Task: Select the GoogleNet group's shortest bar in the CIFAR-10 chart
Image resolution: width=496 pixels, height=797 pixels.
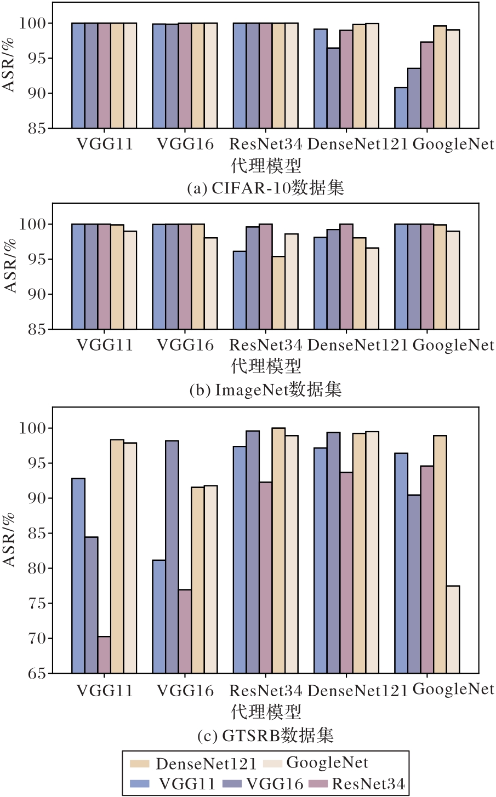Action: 401,108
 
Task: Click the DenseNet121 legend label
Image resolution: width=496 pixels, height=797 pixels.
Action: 206,764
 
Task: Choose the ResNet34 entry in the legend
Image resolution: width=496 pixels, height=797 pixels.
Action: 368,784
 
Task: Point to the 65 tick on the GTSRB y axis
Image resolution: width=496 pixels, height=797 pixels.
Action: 39,673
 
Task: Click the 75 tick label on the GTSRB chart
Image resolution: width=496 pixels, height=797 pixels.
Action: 39,603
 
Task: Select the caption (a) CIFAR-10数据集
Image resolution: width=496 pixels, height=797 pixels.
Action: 266,188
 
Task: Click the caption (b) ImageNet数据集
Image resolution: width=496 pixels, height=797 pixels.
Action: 266,389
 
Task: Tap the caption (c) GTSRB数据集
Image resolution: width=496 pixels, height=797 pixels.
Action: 266,735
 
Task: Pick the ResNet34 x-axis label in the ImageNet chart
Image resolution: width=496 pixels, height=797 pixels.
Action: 266,345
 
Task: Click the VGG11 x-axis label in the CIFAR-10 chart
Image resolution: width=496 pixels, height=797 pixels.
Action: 104,144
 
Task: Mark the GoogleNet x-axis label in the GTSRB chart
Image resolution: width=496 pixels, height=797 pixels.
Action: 453,689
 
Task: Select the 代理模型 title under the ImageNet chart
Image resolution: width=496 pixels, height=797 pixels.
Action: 266,365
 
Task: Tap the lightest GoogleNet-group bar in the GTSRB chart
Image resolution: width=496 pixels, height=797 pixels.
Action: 453,629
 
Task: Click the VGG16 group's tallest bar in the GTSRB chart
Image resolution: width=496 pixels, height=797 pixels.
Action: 172,557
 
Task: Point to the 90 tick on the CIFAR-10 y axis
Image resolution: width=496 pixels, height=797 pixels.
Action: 39,93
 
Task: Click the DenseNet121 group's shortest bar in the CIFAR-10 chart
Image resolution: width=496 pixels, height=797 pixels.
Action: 333,88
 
